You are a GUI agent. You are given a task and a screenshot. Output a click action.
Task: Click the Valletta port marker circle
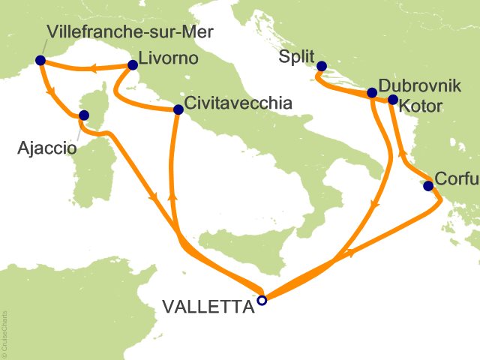(x=262, y=300)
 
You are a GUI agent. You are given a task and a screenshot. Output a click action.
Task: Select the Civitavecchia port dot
(x=178, y=109)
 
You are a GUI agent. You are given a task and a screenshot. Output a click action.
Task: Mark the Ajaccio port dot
(x=84, y=115)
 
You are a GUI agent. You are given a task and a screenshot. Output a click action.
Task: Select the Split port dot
(x=321, y=66)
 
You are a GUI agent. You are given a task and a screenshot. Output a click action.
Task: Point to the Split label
(x=294, y=56)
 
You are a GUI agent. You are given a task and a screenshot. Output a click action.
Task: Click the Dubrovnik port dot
(x=372, y=93)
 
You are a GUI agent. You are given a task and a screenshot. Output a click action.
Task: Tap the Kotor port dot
(x=392, y=99)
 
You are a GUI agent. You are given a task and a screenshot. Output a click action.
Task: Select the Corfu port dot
(x=428, y=186)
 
